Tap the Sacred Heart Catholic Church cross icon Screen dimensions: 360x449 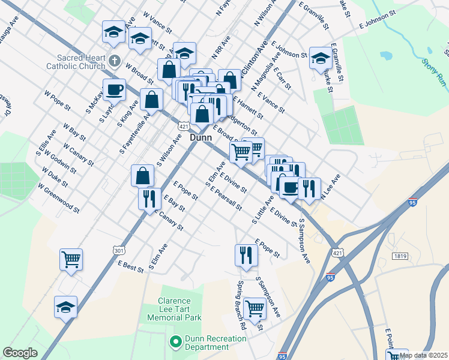(115, 60)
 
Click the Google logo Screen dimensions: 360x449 (20, 353)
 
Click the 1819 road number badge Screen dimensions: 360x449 (401, 256)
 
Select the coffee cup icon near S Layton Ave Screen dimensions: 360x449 (114, 90)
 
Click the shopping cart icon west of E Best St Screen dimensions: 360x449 (71, 260)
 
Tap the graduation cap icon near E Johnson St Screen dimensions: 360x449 (321, 58)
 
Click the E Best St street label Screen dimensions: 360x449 (131, 267)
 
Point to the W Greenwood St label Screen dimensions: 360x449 (58, 198)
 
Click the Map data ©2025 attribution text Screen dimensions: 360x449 (423, 355)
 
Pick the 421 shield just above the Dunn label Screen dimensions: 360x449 (184, 127)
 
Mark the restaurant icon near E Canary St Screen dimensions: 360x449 (148, 198)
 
